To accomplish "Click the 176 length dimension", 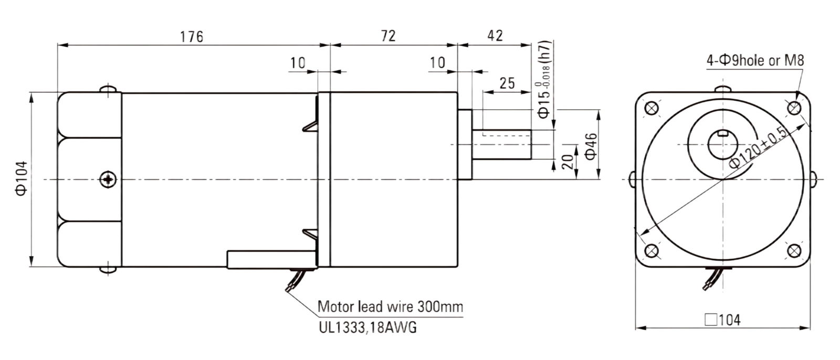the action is [192, 37].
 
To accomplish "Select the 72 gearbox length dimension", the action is [388, 36].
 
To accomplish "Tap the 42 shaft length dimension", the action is [495, 36].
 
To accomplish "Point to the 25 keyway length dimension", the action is [507, 83].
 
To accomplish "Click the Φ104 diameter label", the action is [22, 178].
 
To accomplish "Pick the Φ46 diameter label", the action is [591, 146].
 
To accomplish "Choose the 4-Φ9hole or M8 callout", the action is [755, 60].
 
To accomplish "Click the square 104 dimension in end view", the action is [722, 320].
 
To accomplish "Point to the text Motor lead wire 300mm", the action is [391, 307].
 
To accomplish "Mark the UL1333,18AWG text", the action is [367, 327].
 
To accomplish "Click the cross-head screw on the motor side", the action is [108, 179].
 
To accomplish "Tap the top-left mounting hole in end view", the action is [652, 109].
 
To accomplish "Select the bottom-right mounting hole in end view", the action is [794, 251].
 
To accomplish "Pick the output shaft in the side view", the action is [502, 144].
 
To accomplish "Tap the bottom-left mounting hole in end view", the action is [652, 251].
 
